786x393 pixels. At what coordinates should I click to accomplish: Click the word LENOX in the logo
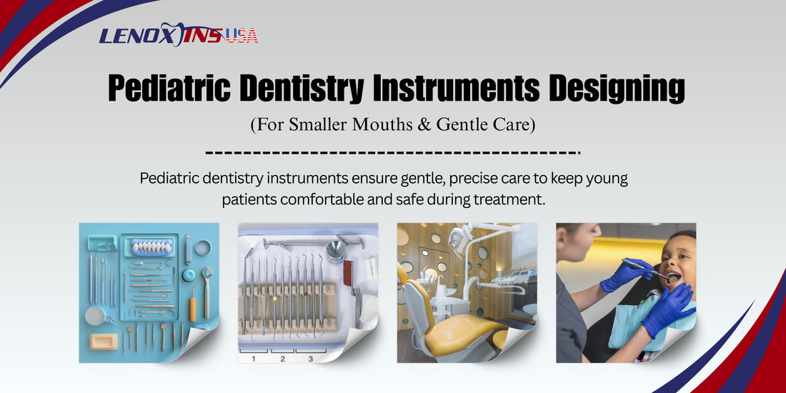click(134, 36)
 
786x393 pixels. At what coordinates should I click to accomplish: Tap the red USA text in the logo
click(242, 36)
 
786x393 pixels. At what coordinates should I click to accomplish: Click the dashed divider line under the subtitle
click(392, 152)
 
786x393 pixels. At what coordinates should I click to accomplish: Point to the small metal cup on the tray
click(336, 251)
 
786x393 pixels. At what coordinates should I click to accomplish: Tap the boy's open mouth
click(672, 277)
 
